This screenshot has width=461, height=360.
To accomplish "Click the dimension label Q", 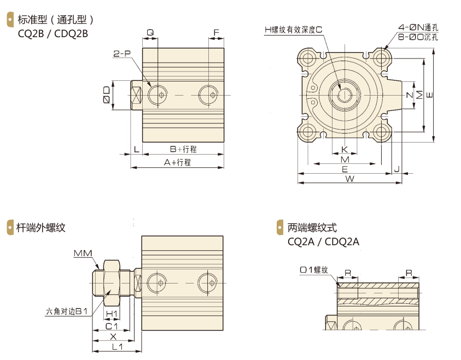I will (150, 32).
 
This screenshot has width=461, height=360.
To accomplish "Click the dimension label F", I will (217, 32).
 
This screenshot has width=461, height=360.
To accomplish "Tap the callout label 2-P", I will (122, 54).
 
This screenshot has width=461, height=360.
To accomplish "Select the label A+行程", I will (177, 162).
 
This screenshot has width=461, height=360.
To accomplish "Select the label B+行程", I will (182, 149).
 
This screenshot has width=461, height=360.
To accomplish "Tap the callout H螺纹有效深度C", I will (293, 30).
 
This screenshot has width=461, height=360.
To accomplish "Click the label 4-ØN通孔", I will (418, 27).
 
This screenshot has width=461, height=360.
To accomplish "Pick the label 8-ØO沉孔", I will (418, 37).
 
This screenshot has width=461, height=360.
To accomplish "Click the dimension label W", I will (349, 179).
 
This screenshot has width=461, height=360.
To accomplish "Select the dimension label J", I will (398, 168).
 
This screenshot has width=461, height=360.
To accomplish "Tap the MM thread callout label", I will (83, 252).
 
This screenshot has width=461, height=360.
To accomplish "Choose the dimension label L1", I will (116, 347).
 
